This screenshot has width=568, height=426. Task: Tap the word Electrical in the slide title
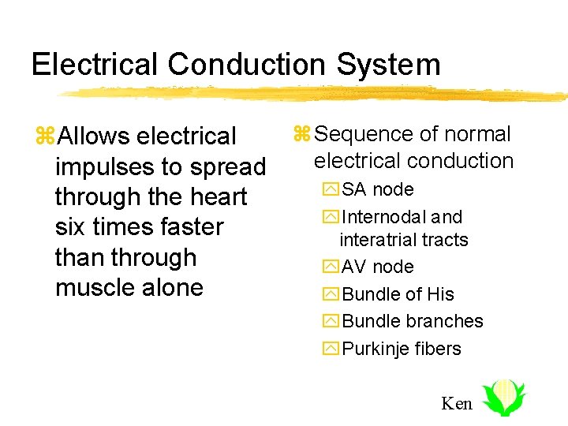coord(95,64)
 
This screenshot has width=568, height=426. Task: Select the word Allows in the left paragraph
coord(94,136)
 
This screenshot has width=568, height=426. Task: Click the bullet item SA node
coord(377,189)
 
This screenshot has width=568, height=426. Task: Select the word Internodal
coord(382,217)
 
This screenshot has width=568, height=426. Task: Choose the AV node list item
coord(377,267)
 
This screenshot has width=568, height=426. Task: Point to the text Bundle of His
coord(398,294)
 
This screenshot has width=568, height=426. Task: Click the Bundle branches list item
coord(413,321)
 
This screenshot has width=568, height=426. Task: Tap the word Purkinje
coord(375,349)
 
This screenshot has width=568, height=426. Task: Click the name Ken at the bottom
coord(457,404)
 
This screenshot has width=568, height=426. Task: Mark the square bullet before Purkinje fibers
coord(331,349)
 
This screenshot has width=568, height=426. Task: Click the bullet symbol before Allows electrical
coord(44,136)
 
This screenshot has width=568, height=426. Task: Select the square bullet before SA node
coord(331,190)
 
